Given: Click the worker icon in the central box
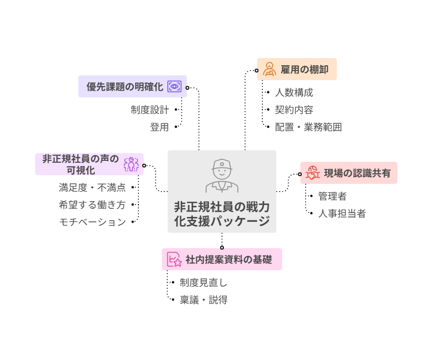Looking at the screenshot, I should click(x=222, y=175).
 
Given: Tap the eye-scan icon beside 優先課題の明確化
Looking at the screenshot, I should click(x=174, y=86).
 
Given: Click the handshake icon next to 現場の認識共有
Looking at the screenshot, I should click(x=313, y=173).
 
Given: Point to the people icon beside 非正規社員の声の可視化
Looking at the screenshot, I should click(x=131, y=164).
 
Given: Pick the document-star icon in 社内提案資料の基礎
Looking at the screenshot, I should click(x=174, y=260).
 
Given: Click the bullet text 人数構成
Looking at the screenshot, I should click(x=294, y=93).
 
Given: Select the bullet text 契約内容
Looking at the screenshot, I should click(x=294, y=110).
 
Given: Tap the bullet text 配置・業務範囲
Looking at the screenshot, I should click(x=308, y=127).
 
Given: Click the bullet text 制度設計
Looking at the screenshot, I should click(x=150, y=110).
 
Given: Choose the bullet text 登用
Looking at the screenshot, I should click(x=160, y=127).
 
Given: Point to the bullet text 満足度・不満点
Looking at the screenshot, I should click(x=92, y=188).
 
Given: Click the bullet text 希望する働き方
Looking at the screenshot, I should click(x=92, y=205).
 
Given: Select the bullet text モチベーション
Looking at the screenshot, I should click(x=92, y=222).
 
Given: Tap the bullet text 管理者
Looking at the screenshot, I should click(x=332, y=196).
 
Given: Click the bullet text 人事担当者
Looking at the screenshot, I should click(x=342, y=213).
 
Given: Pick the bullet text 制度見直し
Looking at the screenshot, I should click(x=203, y=283).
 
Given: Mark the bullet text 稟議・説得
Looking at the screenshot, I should click(x=203, y=300).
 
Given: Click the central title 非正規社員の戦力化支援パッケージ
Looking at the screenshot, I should click(x=222, y=214).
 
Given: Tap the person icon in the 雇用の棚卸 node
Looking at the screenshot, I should click(x=269, y=69).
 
